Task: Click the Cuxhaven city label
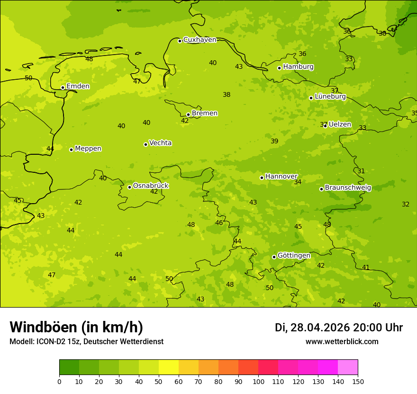coord(199,40)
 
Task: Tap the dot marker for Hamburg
coord(280,68)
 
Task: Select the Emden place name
coord(78,86)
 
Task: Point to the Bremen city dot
coord(188,114)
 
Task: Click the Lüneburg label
coord(330,96)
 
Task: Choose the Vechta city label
coord(160,143)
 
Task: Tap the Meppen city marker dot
coord(71,150)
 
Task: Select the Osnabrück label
coord(151,186)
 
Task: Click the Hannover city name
coord(281,177)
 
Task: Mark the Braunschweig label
coord(348,188)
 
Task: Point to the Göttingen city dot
coord(274,257)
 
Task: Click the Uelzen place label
coord(340,125)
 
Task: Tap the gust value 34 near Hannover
coord(298,182)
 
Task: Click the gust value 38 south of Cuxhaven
coord(227,95)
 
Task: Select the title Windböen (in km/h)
coord(76,328)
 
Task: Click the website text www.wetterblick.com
coord(342,342)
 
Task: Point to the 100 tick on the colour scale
coord(258,381)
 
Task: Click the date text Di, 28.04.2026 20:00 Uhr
coord(338,328)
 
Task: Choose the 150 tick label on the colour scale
coord(358,381)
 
